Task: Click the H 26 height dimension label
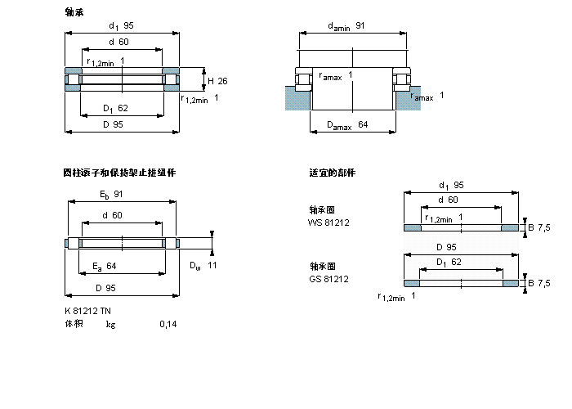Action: tap(217, 81)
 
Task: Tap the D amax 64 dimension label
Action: tap(348, 124)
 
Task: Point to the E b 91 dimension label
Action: tap(112, 194)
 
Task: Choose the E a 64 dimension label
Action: tap(105, 266)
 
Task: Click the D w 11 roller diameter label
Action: tap(203, 266)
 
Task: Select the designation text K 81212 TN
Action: tap(88, 311)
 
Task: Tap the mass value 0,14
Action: tap(168, 325)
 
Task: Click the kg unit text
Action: tap(110, 325)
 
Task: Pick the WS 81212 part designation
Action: tap(328, 222)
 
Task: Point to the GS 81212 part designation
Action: tap(328, 278)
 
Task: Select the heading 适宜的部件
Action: tap(332, 173)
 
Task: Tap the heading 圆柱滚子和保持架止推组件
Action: tap(119, 173)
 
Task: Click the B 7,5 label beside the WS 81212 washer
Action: tap(539, 227)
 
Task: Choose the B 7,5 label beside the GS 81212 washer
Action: tap(539, 283)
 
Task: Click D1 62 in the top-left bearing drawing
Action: tap(115, 108)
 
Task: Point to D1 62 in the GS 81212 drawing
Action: tap(448, 262)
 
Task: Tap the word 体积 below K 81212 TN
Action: tap(74, 325)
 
